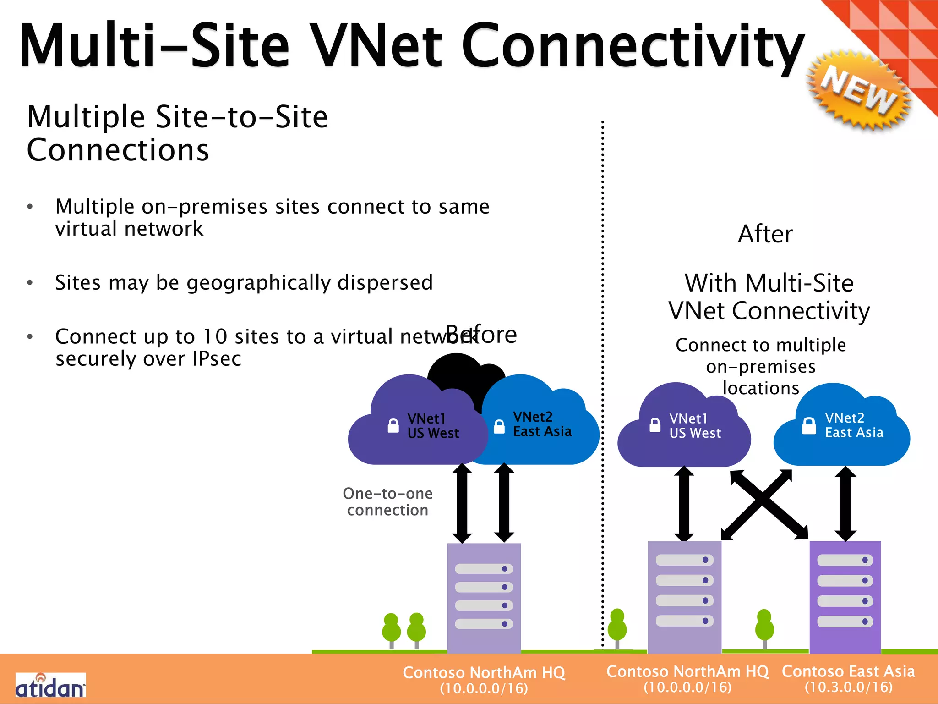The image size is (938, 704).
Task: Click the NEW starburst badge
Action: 858,92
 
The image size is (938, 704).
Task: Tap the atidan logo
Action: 50,686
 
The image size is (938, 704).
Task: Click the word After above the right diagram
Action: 765,234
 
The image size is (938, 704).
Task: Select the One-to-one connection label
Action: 387,502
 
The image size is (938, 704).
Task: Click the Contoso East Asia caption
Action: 848,671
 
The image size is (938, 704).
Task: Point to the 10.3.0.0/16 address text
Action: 849,687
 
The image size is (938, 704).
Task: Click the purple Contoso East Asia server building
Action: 845,596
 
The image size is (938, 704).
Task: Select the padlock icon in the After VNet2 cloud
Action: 809,426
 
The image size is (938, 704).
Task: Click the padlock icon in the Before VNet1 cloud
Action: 393,426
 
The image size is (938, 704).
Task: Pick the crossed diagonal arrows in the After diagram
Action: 764,504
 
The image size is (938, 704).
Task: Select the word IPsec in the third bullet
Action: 217,359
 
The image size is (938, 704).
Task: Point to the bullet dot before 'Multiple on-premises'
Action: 30,207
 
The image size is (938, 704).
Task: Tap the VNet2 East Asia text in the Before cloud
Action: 542,424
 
